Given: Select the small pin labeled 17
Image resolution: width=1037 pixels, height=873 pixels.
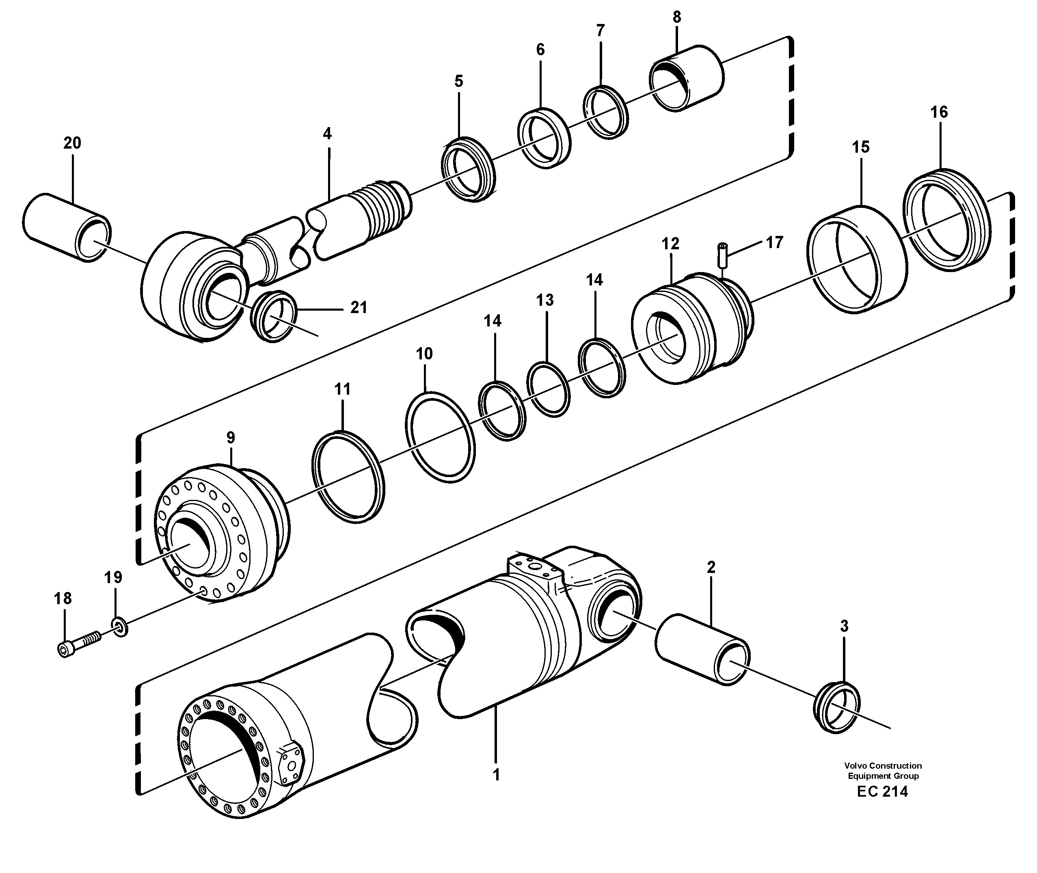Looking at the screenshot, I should coord(722,255).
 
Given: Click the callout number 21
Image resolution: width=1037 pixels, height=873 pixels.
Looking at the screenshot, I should coord(359,308).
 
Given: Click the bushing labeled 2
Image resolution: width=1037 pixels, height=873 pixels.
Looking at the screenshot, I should coord(702,649).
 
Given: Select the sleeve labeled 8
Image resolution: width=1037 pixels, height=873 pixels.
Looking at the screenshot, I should coord(687,78).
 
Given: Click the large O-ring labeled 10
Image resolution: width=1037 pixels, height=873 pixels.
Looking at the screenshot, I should coord(440,437).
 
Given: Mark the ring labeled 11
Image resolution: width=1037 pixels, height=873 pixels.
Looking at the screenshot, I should coord(348,477).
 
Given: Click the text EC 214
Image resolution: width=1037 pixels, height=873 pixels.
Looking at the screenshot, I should coord(882,792).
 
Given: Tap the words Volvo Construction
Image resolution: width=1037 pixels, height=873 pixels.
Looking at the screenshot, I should coord(883,766).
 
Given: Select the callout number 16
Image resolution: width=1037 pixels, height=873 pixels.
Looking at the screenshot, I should coord(939,112).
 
